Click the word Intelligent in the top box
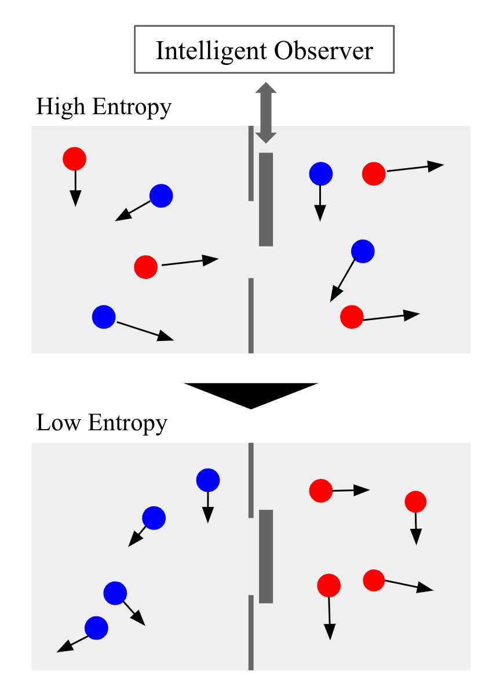click(211, 51)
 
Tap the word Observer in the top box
click(324, 51)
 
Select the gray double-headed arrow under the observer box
click(266, 112)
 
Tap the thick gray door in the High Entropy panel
click(266, 199)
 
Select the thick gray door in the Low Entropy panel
click(266, 556)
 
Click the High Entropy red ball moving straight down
click(74, 158)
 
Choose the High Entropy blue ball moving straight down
click(320, 173)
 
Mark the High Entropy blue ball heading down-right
click(104, 317)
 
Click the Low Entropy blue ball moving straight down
click(208, 480)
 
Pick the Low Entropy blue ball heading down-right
click(115, 593)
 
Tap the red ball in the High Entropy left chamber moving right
click(145, 267)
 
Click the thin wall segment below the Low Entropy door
click(251, 632)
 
